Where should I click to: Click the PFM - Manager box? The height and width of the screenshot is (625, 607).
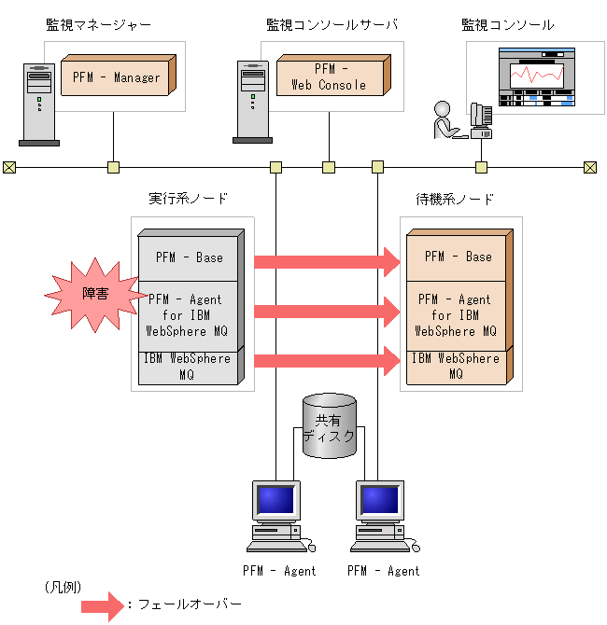(116, 76)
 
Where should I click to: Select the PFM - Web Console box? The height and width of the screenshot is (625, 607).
(329, 76)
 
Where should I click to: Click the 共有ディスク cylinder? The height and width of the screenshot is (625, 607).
(330, 425)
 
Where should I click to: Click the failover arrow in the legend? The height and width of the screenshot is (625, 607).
(102, 605)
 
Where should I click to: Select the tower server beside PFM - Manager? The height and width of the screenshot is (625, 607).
(38, 103)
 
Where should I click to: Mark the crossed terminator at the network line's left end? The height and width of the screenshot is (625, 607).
(9, 167)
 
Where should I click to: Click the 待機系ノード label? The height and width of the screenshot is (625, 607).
(455, 199)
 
